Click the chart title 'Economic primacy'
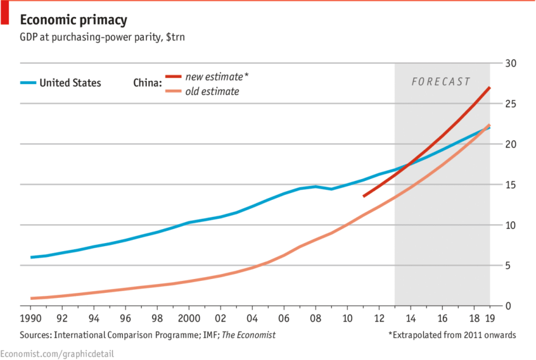73,20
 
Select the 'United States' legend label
70,83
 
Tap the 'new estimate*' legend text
217,76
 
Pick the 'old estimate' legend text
212,91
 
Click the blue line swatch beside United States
27,83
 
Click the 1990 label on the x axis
31,319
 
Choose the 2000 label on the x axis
189,319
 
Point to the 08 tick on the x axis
315,319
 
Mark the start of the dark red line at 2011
364,196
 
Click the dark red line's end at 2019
490,88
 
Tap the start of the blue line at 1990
31,257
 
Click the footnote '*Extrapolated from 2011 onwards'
452,334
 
